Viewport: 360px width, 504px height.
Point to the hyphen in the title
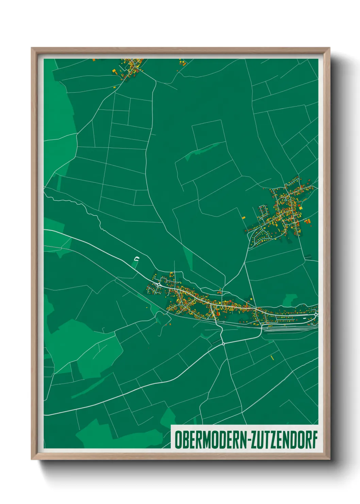(x=249, y=440)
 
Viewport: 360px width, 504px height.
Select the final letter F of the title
(x=315, y=440)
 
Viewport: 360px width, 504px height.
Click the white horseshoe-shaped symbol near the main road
(x=136, y=259)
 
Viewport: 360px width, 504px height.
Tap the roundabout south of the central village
(x=223, y=344)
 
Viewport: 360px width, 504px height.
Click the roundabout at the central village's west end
(x=159, y=284)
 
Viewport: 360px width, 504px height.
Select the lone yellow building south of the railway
(x=272, y=357)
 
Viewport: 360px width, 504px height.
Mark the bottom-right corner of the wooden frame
(x=329, y=459)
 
